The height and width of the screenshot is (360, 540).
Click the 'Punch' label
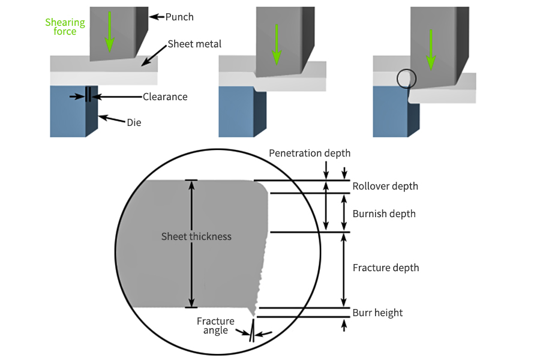[179, 17]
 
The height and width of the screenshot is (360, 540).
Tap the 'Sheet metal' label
[194, 44]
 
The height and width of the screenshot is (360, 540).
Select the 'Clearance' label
[165, 97]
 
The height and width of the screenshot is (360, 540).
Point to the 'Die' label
[134, 122]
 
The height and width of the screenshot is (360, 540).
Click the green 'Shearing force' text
[65, 26]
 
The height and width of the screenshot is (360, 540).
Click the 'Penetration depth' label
[310, 153]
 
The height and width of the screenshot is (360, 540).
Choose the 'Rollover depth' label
[385, 186]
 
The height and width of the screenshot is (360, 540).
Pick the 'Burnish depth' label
[384, 214]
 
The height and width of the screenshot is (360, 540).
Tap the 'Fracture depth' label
[386, 268]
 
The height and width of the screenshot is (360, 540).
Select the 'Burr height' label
[377, 313]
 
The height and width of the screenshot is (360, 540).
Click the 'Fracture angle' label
[215, 326]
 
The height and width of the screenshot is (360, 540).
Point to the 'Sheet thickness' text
[196, 236]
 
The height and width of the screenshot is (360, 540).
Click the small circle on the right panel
[406, 78]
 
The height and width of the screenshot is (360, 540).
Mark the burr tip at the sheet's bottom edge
[254, 313]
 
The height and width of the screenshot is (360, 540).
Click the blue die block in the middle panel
[237, 112]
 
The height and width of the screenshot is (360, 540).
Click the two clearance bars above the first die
[88, 95]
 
